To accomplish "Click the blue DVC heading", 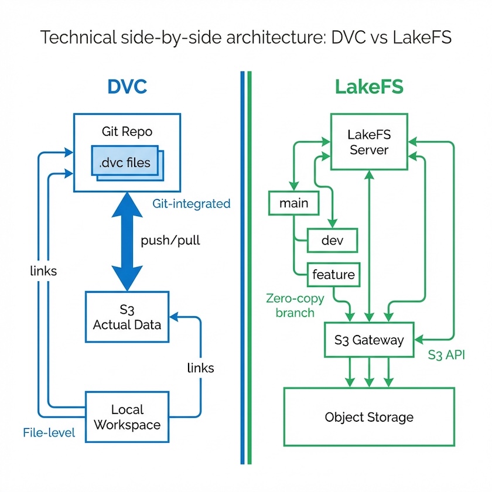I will (x=127, y=87).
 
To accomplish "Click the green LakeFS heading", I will (x=369, y=87).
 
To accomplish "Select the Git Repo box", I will (x=127, y=132).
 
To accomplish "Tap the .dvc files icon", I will (x=125, y=163).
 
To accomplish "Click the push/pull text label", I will (x=170, y=241).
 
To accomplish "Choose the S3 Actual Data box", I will (x=127, y=316).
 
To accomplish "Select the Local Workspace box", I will (x=127, y=416).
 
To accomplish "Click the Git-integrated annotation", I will (x=192, y=204).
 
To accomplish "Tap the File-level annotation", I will (x=49, y=433).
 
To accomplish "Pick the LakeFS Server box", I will (x=369, y=142).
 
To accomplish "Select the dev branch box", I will (x=332, y=240).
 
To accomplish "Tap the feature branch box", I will (x=333, y=274).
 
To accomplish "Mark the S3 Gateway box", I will (x=369, y=340).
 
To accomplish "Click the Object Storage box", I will (x=369, y=417).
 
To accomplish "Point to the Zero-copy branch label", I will (x=290, y=305).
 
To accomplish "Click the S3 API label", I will (x=447, y=354).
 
